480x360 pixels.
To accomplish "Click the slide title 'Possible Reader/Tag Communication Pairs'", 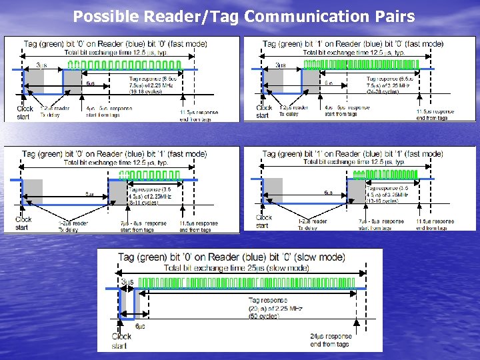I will [243, 17].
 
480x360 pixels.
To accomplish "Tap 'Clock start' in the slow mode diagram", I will [122, 341].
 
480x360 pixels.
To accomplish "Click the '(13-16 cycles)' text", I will [382, 200].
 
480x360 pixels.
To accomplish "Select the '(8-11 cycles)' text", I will [141, 203].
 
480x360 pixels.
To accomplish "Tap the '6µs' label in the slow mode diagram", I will [141, 326].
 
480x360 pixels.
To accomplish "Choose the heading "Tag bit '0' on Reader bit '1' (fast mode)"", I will [114, 154].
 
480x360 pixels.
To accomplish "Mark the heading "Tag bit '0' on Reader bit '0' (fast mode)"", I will [115, 44].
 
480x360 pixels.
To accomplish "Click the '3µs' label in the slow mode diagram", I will [127, 282].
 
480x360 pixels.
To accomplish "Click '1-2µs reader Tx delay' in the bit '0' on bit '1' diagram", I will [73, 227].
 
